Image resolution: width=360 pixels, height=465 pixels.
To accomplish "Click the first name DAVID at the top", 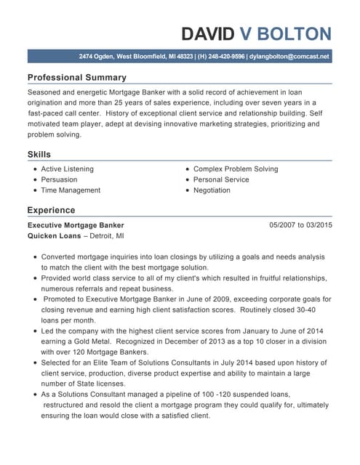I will (208, 33).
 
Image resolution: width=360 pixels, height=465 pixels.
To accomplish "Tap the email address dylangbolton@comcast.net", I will (289, 56).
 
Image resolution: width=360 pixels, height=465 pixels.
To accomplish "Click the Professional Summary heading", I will (76, 77).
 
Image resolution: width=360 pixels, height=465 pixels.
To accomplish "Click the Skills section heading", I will (39, 155).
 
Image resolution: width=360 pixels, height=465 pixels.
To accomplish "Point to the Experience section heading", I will (51, 210).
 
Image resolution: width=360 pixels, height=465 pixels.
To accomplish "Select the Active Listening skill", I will (67, 169).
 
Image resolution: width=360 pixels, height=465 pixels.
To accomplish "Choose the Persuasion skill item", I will (59, 179).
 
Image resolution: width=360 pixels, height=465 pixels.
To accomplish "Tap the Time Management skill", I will (71, 190).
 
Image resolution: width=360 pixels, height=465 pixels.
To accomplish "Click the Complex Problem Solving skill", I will (236, 169).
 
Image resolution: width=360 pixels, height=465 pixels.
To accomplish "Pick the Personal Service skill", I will (221, 179).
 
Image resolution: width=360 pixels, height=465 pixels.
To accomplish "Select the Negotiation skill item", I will (212, 190).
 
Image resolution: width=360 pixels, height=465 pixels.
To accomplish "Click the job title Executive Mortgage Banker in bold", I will (76, 225).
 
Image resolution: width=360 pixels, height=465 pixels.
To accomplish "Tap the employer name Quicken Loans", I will (53, 236).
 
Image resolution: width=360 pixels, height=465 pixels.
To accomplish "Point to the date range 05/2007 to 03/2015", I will (300, 225).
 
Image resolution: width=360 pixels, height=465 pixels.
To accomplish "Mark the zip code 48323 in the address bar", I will (185, 56).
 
